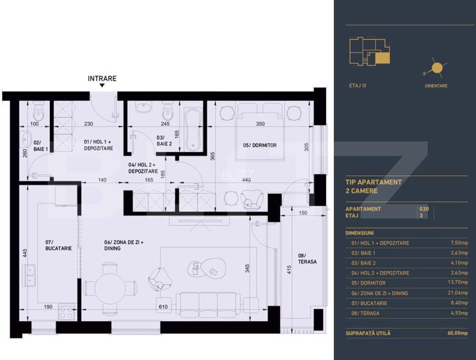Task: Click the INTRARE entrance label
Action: coord(102,79)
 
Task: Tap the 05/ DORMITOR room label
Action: coord(260,145)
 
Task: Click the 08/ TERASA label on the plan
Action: coord(308,259)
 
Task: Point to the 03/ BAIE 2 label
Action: coord(164,141)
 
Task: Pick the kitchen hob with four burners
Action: coord(67,312)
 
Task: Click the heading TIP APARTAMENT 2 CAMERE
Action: coord(374,186)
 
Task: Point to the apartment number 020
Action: coord(423,208)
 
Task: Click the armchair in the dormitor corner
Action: coord(251,199)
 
